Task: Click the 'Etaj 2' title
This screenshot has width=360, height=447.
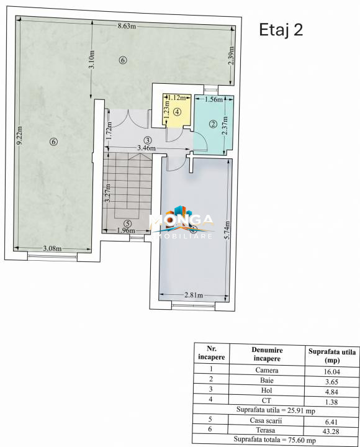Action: pos(281,30)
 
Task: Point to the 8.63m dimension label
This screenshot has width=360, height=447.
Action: pos(127,26)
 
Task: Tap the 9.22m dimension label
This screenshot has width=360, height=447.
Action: pos(19,135)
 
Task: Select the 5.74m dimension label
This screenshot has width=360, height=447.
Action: pos(227,230)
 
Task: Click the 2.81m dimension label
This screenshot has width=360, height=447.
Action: pos(194,295)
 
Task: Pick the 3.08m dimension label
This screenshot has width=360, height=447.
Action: pos(52,248)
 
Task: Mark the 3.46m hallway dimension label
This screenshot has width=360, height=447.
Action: pos(146,148)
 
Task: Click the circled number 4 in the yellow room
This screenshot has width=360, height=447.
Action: pos(178,112)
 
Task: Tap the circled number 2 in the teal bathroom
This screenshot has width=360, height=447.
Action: pos(213,124)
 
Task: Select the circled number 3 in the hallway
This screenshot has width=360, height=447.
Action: pos(147,140)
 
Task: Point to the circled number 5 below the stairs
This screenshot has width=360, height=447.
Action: pos(128,223)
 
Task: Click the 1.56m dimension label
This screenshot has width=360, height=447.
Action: pos(214,99)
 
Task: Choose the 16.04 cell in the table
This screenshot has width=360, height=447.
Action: pos(332,372)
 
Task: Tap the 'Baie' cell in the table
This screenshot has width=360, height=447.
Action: pos(267,381)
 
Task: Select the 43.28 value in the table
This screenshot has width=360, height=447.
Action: pos(331,431)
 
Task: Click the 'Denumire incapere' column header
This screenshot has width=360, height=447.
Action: pos(267,354)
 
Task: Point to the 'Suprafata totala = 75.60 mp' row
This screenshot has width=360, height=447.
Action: pos(275,440)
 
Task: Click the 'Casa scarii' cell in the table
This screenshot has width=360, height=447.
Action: pos(266,420)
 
